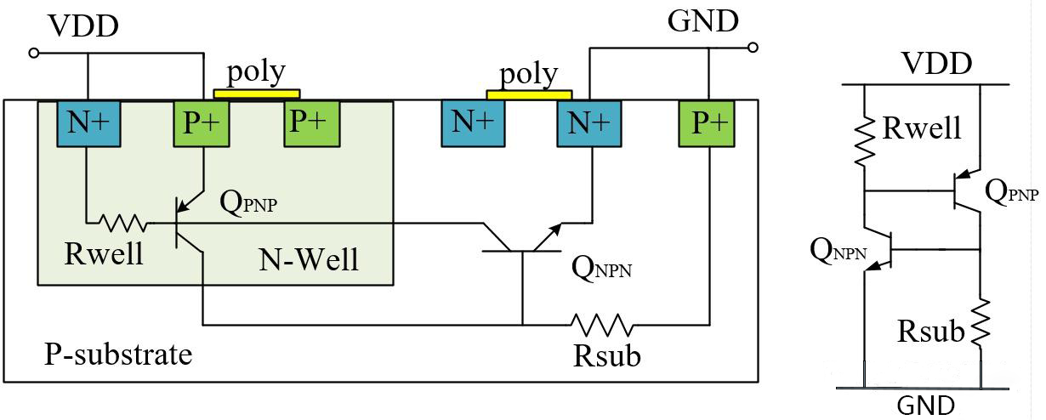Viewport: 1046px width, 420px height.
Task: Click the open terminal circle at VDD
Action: click(34, 53)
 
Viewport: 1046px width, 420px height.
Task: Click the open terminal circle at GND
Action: click(752, 48)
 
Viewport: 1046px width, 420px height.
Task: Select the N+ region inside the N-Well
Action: click(88, 122)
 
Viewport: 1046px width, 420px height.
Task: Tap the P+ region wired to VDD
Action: click(202, 122)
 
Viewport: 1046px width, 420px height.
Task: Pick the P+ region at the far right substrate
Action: click(707, 122)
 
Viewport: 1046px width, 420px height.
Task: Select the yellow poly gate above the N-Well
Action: click(256, 94)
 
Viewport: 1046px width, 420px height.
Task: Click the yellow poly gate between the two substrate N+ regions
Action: click(528, 94)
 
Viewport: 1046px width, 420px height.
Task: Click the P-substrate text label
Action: click(118, 353)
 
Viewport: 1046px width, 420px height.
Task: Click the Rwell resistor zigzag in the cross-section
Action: click(122, 224)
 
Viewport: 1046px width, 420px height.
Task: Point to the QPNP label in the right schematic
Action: click(1011, 192)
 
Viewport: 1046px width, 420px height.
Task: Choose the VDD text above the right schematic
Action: click(936, 65)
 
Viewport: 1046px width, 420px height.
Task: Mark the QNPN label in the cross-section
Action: click(602, 269)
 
